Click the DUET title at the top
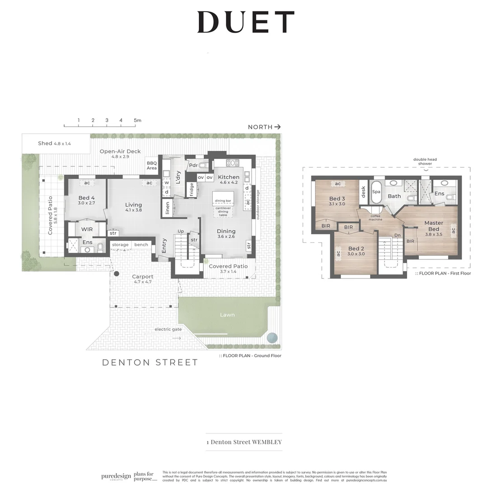pyautogui.click(x=245, y=22)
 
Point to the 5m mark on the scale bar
pyautogui.click(x=137, y=120)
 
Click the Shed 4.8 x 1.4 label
pyautogui.click(x=54, y=143)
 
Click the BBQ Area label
pyautogui.click(x=151, y=165)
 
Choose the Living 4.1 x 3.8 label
pyautogui.click(x=133, y=207)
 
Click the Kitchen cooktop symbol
pyautogui.click(x=232, y=163)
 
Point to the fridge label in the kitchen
pyautogui.click(x=192, y=189)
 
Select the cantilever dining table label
pyautogui.click(x=223, y=212)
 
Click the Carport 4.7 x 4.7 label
pyautogui.click(x=142, y=279)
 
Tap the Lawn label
pyautogui.click(x=227, y=314)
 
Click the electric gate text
pyautogui.click(x=168, y=329)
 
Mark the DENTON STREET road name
pyautogui.click(x=150, y=362)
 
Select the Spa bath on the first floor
pyautogui.click(x=376, y=192)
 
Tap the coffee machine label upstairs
pyautogui.click(x=375, y=218)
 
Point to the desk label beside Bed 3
pyautogui.click(x=363, y=192)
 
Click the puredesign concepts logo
pyautogui.click(x=116, y=476)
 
